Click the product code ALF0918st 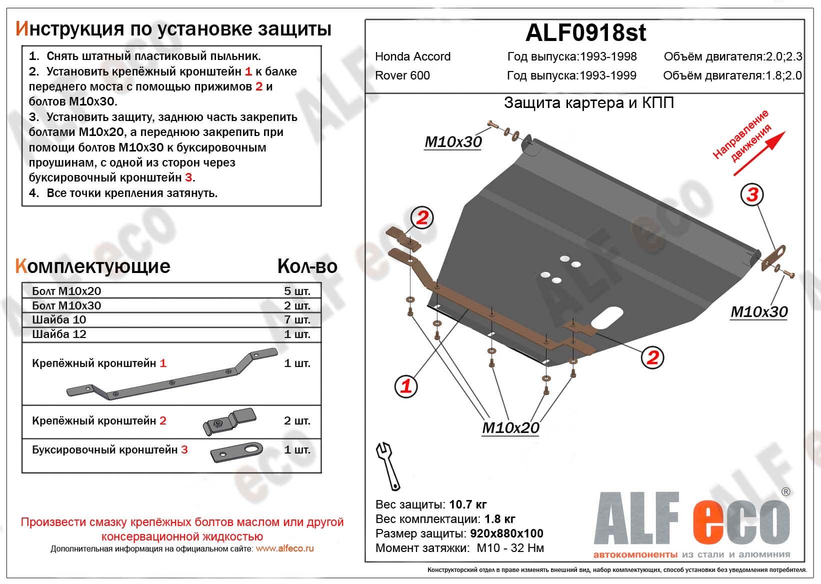click(585, 33)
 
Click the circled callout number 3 click(752, 194)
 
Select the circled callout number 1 click(406, 385)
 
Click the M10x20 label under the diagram click(510, 428)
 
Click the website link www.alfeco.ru click(284, 548)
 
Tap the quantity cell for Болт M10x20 click(297, 291)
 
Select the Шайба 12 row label click(59, 334)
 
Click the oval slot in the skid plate click(606, 318)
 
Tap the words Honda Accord click(412, 56)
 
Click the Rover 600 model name click(402, 75)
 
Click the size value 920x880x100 click(506, 533)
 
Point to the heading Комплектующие click(93, 266)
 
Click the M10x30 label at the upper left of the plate click(453, 142)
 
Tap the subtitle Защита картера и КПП click(588, 103)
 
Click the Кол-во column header click(307, 266)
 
